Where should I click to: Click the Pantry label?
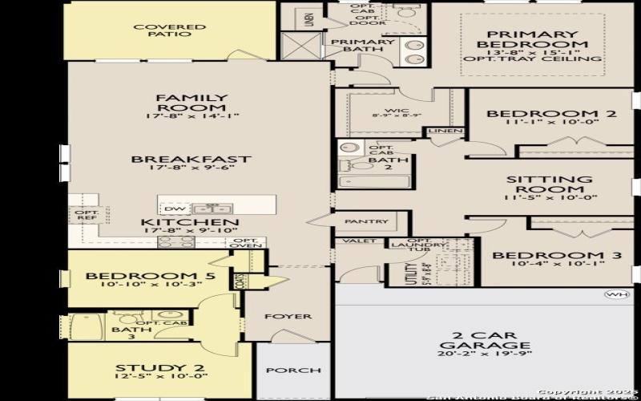(x=366, y=221)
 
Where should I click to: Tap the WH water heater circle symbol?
(x=614, y=294)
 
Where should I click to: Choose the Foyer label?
(x=288, y=316)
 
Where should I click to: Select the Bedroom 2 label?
(x=551, y=114)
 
